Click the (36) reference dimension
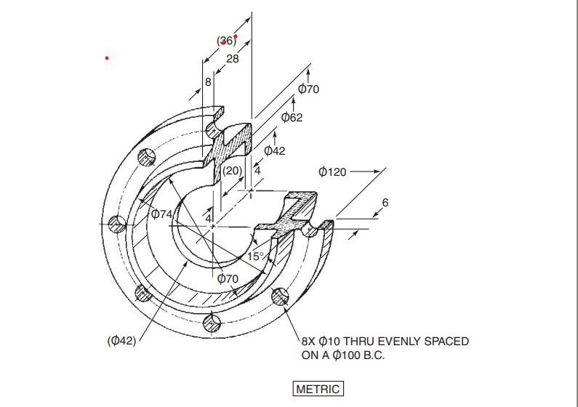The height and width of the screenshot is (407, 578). [227, 41]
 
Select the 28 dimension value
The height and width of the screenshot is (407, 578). [232, 59]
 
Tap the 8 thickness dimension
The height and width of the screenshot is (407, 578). [208, 82]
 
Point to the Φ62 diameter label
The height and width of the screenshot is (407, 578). [292, 117]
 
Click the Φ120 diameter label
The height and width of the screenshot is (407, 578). [333, 172]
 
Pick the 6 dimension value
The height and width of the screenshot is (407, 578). [385, 202]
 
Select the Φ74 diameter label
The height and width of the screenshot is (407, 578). [161, 214]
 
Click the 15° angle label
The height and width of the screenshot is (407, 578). [256, 256]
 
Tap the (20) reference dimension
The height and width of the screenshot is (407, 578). [232, 171]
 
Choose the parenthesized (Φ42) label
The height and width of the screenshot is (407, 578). [121, 340]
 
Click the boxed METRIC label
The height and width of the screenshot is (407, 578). [318, 389]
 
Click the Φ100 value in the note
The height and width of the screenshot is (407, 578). [345, 355]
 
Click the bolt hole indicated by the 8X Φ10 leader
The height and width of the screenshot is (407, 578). [278, 297]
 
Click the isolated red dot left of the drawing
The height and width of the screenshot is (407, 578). [107, 57]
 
